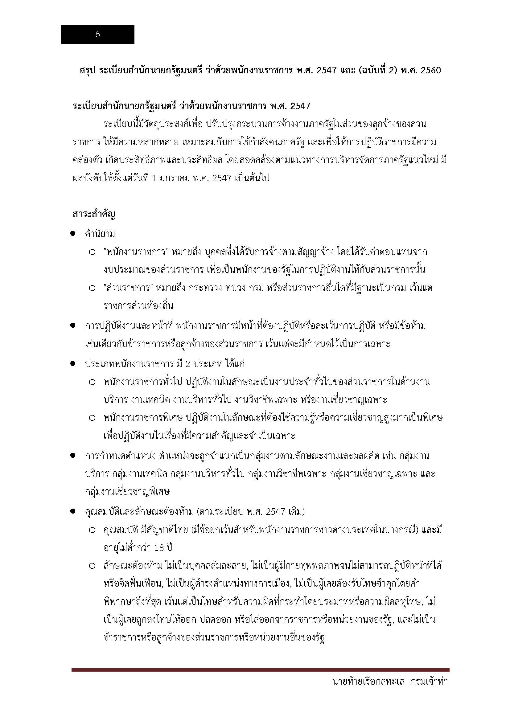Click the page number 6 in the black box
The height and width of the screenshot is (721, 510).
[x=97, y=35]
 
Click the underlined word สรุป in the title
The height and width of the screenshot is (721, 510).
[x=88, y=70]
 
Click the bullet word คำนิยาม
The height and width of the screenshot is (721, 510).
[x=100, y=234]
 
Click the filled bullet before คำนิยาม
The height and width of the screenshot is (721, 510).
[x=73, y=234]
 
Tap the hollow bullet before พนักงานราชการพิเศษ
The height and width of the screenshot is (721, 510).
[x=92, y=418]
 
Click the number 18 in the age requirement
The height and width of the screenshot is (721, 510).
[x=160, y=548]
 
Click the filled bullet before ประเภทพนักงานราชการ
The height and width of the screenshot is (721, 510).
[x=73, y=364]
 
